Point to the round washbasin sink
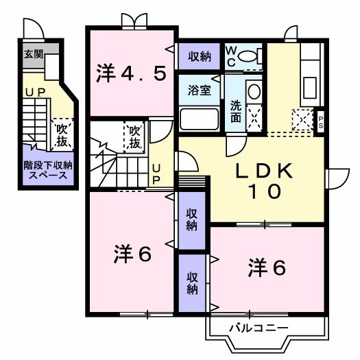[x=253, y=91]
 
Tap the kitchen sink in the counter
[x=309, y=88]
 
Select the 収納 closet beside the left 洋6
[x=192, y=220]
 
